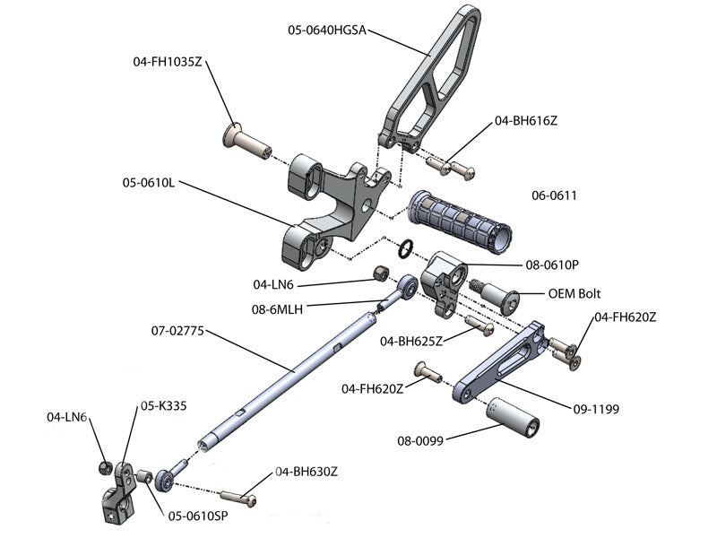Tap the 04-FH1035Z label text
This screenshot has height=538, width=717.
click(168, 62)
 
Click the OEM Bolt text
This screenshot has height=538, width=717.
click(574, 293)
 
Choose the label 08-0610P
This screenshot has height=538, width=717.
click(552, 265)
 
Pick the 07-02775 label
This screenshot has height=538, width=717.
click(179, 331)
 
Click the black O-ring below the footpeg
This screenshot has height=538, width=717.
click(406, 247)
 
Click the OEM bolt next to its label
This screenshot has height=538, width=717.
click(498, 295)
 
